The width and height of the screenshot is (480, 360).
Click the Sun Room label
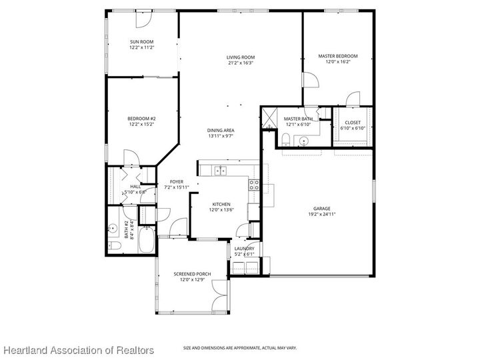(x=141, y=41)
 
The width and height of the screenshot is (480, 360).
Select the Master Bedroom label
(x=337, y=56)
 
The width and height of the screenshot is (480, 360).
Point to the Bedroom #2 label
(x=141, y=119)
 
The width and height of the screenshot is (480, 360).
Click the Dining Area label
(x=220, y=130)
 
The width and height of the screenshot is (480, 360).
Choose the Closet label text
(x=353, y=123)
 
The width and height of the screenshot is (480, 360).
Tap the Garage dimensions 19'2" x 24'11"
(x=322, y=215)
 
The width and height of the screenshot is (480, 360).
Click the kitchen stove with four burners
(x=254, y=185)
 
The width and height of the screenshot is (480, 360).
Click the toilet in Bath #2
(x=115, y=247)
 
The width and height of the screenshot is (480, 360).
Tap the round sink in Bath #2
(x=113, y=229)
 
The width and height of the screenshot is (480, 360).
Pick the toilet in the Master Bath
(x=285, y=139)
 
